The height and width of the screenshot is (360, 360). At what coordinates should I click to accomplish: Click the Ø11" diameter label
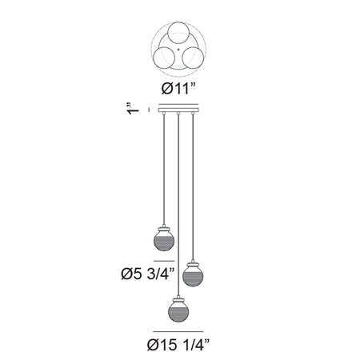(178, 88)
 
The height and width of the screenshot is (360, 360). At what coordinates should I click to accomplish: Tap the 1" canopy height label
(133, 108)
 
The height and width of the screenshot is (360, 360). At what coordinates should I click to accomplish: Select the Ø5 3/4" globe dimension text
(148, 274)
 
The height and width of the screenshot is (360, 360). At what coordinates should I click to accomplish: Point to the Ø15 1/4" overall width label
(178, 345)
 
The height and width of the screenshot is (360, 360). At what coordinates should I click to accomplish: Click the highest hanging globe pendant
(164, 239)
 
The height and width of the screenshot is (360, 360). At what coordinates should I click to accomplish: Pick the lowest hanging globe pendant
(178, 310)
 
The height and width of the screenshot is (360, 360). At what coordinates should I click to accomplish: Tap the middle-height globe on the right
(193, 274)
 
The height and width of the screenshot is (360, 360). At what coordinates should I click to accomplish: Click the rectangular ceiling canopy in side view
(178, 110)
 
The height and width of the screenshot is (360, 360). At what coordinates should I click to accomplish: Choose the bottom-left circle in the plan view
(164, 58)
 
